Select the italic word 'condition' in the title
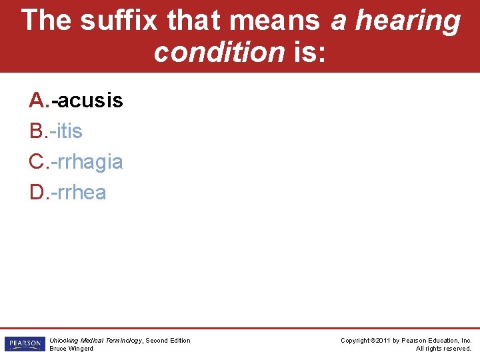(219, 51)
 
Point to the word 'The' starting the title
(46, 21)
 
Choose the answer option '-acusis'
(88, 101)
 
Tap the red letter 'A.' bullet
(38, 101)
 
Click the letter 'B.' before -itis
(38, 131)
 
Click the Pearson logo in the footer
(24, 344)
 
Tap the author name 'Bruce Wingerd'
(71, 349)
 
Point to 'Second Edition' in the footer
(168, 341)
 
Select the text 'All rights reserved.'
(444, 349)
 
